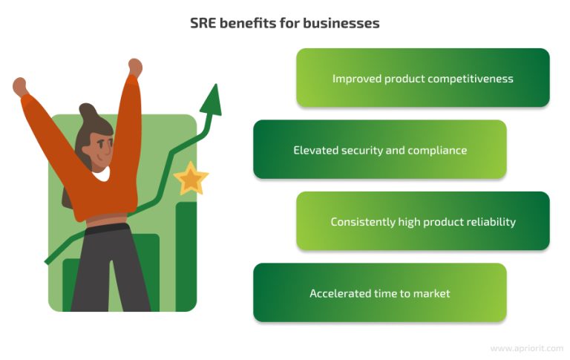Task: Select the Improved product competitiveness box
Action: click(x=422, y=78)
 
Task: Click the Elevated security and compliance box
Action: click(x=379, y=150)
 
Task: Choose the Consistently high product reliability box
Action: click(x=422, y=221)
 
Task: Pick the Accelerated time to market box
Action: click(x=379, y=292)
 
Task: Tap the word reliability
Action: click(x=488, y=222)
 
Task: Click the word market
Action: click(x=433, y=293)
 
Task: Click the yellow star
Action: click(x=191, y=178)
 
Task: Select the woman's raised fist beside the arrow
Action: click(x=134, y=67)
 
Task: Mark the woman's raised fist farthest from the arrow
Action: click(x=20, y=86)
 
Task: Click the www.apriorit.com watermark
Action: click(x=527, y=348)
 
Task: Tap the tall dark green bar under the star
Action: click(x=186, y=252)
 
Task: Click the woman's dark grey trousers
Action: click(x=111, y=267)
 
